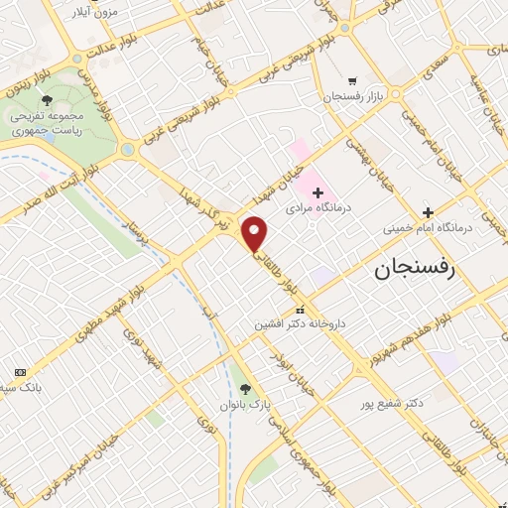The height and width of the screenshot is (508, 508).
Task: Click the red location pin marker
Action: pos(255,233)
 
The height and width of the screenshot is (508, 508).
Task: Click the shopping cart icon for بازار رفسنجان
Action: pos(351,81)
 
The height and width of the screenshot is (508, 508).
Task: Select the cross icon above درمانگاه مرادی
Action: pos(317,191)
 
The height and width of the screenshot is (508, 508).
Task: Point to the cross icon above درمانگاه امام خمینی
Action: pos(428,211)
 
